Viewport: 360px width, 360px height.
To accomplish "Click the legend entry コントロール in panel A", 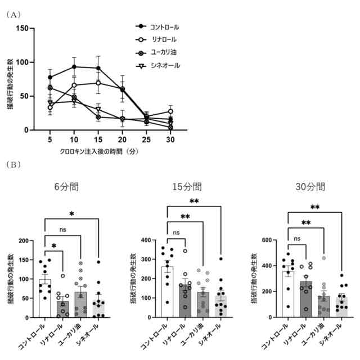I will coord(164,26).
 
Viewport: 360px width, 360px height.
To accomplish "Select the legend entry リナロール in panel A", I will coord(163,39).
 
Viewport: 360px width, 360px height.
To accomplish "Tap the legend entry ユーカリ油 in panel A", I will coord(163,52).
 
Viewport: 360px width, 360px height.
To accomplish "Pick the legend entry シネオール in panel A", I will coord(164,65).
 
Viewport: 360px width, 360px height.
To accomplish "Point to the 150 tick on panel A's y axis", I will coord(24,28).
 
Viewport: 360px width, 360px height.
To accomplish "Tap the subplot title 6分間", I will coord(67,187).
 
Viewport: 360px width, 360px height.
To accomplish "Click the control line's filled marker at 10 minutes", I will coord(74,66).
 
